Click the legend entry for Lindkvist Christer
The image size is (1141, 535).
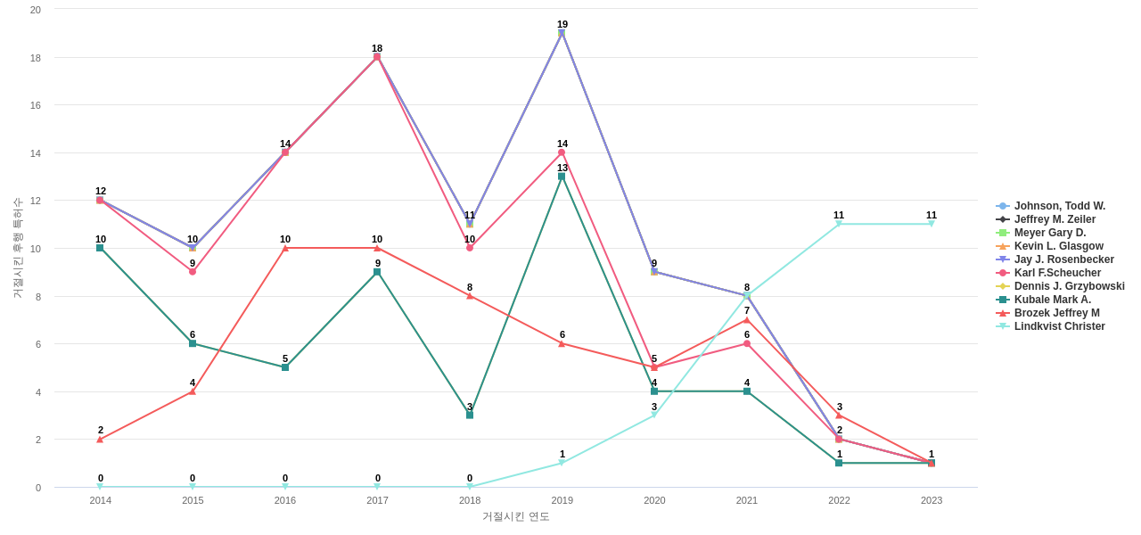coord(1059,326)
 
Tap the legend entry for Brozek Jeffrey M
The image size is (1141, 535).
coord(1056,313)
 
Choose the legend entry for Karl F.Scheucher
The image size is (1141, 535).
coord(1057,273)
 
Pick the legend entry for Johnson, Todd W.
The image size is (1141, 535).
coord(1059,206)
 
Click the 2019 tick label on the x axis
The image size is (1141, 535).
coord(562,500)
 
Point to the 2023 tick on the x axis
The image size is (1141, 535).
coord(932,500)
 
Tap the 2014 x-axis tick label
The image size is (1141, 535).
coord(101,500)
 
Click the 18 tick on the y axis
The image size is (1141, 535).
coord(36,58)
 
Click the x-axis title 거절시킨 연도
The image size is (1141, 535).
coord(516,516)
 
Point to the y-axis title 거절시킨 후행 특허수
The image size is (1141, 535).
coord(17,248)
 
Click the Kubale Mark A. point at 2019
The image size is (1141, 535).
coord(562,177)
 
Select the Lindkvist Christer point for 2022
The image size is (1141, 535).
coord(839,224)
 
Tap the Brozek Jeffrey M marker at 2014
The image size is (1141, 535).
coord(100,440)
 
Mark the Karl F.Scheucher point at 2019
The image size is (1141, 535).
coord(562,152)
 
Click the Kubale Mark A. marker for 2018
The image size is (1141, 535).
coord(470,416)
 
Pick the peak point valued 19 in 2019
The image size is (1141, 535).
coord(562,33)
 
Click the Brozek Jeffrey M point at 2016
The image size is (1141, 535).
coord(285,248)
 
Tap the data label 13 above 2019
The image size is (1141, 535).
coord(562,168)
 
